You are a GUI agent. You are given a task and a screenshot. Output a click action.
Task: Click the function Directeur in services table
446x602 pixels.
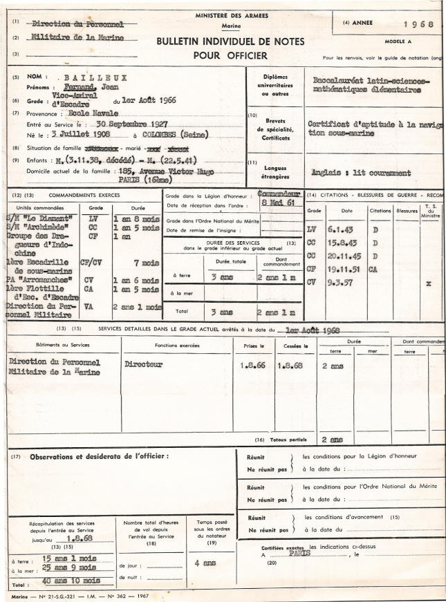click(143, 363)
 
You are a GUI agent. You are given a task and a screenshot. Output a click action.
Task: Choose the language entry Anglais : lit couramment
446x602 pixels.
click(360, 174)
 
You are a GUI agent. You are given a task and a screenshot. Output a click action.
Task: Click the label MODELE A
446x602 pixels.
click(398, 41)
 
